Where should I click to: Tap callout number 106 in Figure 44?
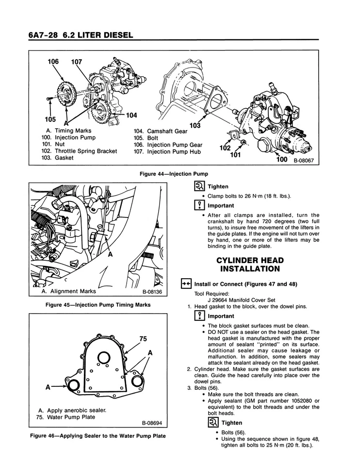pos(53,62)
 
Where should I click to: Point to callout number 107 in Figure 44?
pos(77,62)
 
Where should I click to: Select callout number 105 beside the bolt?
pos(49,119)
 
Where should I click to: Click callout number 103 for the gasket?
pos(195,126)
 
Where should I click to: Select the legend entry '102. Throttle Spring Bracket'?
pos(79,151)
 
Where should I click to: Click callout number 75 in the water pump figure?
pos(143,338)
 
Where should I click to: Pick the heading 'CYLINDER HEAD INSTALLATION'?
pos(250,264)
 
